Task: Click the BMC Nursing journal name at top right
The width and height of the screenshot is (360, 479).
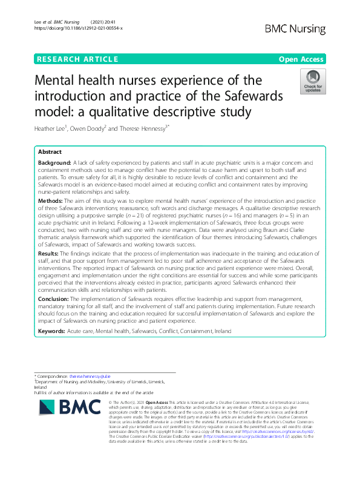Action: coord(295,28)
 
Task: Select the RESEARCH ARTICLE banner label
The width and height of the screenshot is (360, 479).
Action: coord(77,59)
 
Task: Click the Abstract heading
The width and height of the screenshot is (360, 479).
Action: coord(50,151)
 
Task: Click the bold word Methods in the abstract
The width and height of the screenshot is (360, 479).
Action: coord(50,200)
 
